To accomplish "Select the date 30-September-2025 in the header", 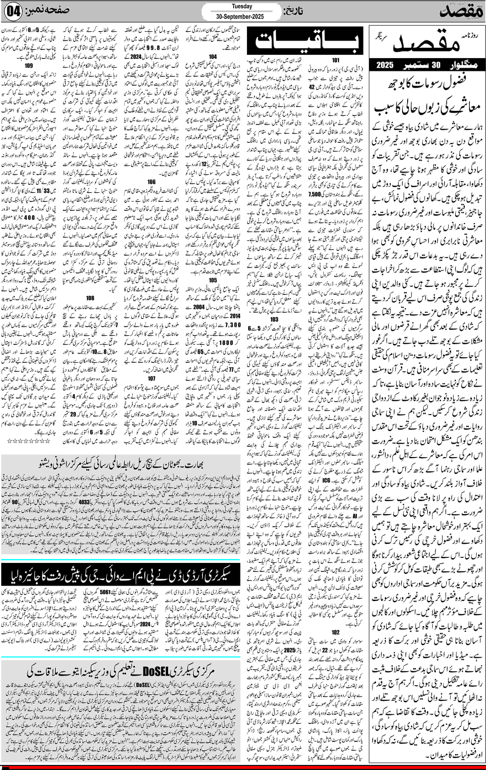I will pos(240,16).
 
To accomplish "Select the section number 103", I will pos(274,319).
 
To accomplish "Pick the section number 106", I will pos(151,182).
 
